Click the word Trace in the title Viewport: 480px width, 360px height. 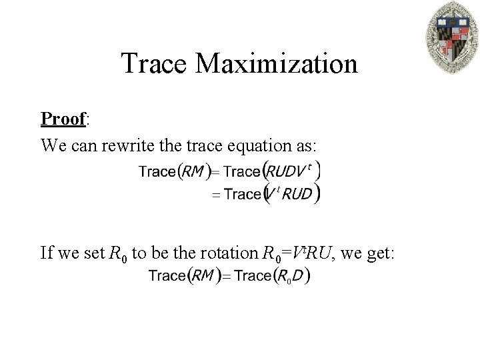coord(158,64)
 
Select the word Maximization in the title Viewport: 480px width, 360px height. coord(279,64)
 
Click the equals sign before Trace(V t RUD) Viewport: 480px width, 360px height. coord(216,195)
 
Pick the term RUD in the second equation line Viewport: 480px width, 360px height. coord(297,195)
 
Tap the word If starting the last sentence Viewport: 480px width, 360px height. coord(47,253)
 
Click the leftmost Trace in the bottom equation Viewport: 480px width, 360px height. coord(167,275)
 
